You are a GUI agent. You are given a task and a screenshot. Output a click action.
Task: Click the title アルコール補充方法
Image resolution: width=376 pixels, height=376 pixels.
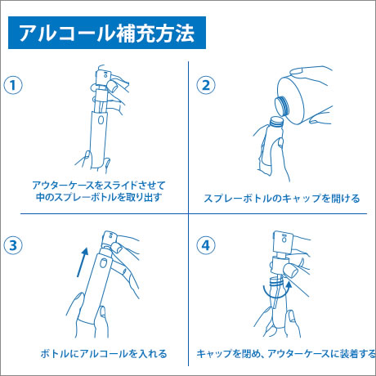(x=106, y=33)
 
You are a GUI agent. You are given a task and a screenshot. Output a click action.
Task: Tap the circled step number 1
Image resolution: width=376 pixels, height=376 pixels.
(x=13, y=85)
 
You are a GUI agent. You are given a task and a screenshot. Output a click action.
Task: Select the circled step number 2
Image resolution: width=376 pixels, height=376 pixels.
(x=206, y=85)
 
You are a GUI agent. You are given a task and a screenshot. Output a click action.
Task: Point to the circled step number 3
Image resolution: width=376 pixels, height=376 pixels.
(x=13, y=245)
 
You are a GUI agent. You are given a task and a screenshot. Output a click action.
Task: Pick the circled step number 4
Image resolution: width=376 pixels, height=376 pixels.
(x=206, y=245)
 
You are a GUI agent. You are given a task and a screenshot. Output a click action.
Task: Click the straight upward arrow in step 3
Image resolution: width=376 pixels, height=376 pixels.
(x=83, y=262)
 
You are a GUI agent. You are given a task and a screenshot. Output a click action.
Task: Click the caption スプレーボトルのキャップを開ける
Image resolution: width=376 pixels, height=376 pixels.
(x=282, y=199)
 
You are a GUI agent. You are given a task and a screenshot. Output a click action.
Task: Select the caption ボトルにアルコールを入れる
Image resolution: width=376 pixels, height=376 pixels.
(x=104, y=354)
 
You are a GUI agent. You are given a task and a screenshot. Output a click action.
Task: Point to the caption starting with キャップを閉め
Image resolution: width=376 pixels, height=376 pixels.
(x=286, y=354)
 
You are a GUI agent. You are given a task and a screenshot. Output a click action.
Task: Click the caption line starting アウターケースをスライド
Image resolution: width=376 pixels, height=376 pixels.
(x=99, y=186)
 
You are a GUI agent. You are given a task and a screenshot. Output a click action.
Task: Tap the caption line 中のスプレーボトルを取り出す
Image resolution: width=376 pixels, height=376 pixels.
(x=99, y=197)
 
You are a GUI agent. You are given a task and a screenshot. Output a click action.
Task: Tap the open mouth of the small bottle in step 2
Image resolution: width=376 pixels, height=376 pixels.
(x=275, y=121)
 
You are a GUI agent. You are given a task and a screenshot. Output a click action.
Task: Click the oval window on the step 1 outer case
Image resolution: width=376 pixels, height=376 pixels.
(x=101, y=120)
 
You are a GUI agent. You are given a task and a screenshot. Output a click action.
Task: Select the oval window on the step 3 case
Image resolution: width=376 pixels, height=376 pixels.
(x=103, y=263)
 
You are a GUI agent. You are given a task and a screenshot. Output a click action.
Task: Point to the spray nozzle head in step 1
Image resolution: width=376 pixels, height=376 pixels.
(x=104, y=77)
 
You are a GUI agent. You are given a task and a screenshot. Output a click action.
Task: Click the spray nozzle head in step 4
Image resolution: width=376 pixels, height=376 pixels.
(x=284, y=241)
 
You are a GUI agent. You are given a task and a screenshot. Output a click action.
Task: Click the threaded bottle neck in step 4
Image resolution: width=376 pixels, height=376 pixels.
(x=275, y=282)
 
